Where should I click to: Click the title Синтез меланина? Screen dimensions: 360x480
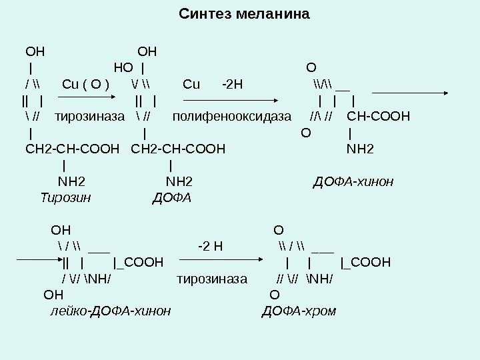pos(245,14)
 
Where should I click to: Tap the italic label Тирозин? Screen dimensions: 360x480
pos(65,197)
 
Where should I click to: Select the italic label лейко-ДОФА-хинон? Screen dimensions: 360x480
pos(111,311)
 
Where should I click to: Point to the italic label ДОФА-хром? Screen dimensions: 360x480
pos(299,311)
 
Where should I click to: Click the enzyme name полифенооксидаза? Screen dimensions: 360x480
pos(232,117)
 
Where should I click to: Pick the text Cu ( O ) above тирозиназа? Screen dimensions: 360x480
pos(86,85)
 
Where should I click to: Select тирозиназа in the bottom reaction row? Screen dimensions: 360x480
pos(212,279)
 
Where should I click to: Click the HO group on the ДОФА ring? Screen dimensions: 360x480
pos(123,67)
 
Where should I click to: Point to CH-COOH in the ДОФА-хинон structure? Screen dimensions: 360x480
pos(379,117)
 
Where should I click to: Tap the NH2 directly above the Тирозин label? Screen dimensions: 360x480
pos(71,180)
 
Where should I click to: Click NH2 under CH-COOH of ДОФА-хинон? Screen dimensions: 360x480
pos(361,148)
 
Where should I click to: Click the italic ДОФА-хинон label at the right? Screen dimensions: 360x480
pos(353,181)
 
